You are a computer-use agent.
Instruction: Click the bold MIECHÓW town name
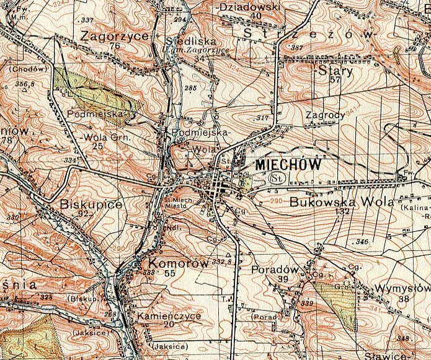coord(288,165)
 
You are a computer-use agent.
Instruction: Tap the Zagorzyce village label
coord(113,36)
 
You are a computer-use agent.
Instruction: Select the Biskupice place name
coord(92,204)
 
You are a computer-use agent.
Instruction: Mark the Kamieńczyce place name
coord(169,315)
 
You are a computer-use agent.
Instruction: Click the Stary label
coord(335,71)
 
